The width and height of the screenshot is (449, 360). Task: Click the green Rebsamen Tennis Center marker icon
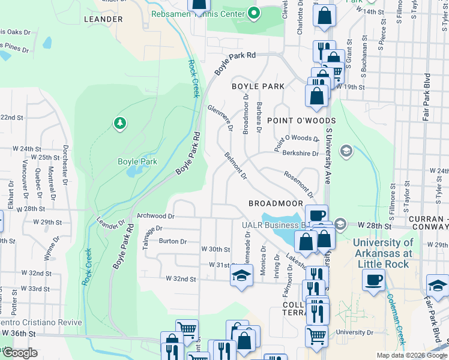254,13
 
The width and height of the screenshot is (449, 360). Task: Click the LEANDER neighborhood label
104,19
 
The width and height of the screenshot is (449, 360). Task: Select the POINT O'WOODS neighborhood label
301,121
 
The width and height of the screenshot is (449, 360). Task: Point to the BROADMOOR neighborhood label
276,204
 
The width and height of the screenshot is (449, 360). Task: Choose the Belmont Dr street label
235,166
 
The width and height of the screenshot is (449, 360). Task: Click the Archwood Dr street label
155,216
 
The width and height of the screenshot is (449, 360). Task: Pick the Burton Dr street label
173,241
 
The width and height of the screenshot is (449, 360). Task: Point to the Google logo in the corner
20,353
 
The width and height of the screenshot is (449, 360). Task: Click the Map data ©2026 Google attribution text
412,355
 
